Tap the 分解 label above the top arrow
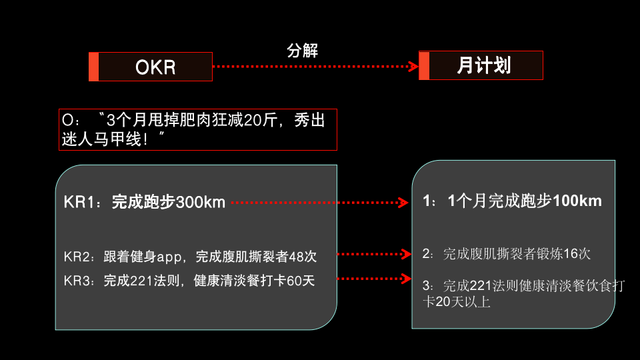(x=302, y=51)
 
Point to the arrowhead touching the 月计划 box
(x=413, y=66)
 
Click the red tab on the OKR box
(x=94, y=67)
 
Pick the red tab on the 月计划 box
(x=424, y=65)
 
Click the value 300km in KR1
(x=201, y=202)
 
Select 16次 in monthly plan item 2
(x=577, y=254)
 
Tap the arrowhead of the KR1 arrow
(x=403, y=202)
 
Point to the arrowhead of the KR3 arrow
(x=403, y=279)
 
